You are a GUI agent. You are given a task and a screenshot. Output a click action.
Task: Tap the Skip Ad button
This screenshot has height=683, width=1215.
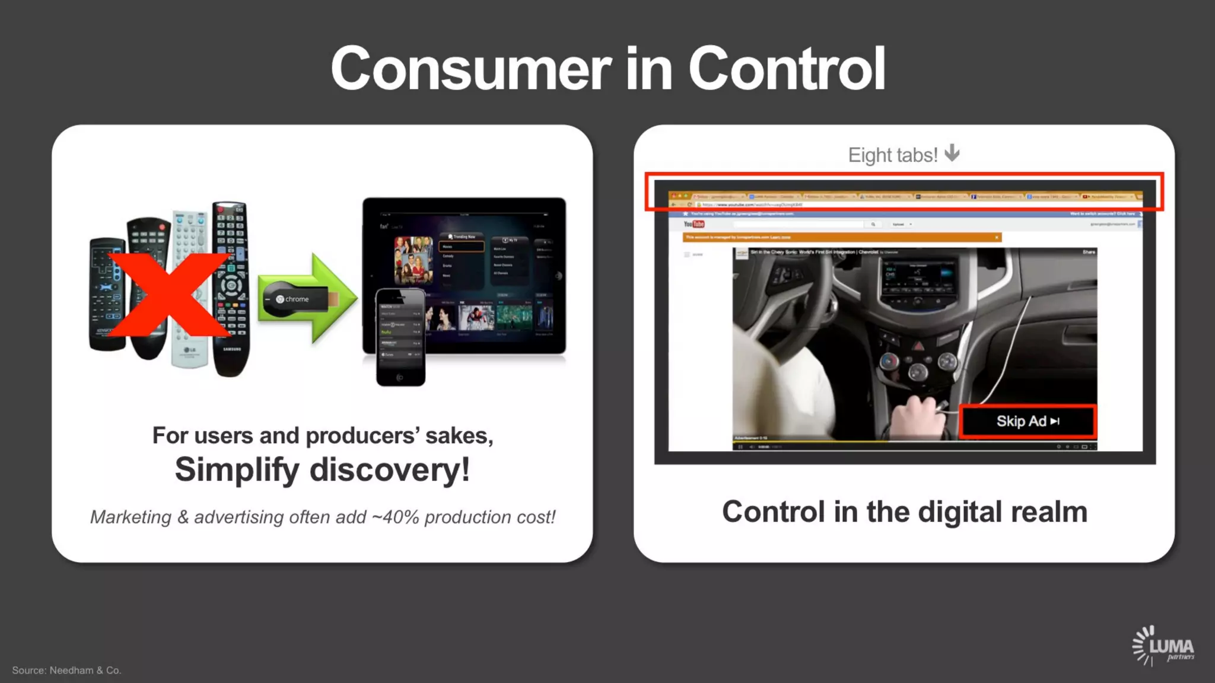1028,421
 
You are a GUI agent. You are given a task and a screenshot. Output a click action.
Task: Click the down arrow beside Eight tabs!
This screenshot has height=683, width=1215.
952,153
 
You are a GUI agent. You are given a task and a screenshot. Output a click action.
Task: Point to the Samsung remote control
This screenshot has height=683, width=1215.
231,291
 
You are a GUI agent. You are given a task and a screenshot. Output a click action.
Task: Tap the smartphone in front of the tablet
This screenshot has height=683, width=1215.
400,337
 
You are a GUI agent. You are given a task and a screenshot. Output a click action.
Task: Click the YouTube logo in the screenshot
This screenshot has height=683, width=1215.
694,224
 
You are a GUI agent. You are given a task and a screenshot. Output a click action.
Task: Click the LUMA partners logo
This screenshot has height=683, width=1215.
1163,646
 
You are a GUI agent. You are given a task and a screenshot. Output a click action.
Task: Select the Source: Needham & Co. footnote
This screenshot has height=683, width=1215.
66,670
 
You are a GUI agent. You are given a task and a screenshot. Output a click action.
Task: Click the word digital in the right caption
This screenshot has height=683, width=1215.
955,512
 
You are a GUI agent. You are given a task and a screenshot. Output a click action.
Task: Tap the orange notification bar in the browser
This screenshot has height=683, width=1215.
841,237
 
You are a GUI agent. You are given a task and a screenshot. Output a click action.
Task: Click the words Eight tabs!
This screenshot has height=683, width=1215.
892,155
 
